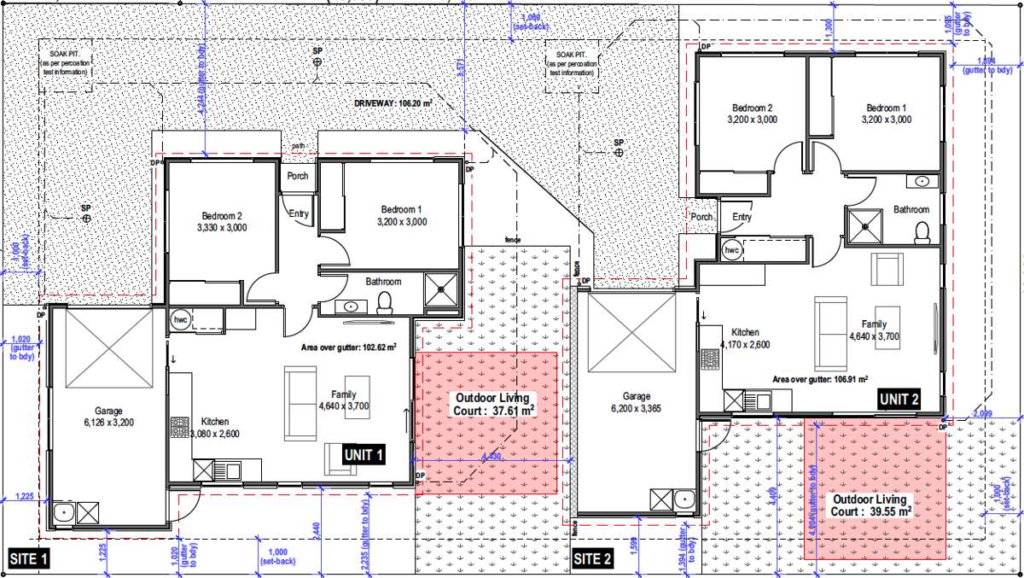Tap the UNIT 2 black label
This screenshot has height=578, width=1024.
pyautogui.click(x=899, y=399)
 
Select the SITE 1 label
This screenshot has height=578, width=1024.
pyautogui.click(x=29, y=560)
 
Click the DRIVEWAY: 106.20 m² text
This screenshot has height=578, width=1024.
pyautogui.click(x=393, y=102)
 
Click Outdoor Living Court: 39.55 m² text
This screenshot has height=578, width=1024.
pyautogui.click(x=872, y=505)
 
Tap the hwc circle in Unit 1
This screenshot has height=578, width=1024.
pyautogui.click(x=180, y=318)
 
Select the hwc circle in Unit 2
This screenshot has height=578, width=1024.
pyautogui.click(x=731, y=250)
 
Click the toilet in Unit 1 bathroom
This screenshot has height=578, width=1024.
pyautogui.click(x=385, y=301)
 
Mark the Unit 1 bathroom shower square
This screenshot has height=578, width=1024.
pyautogui.click(x=441, y=289)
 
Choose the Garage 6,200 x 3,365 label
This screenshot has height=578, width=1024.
pyautogui.click(x=637, y=402)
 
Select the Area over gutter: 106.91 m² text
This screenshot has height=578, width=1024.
pyautogui.click(x=820, y=378)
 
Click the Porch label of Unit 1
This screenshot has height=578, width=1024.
pyautogui.click(x=298, y=176)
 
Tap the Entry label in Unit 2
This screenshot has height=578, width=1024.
pyautogui.click(x=742, y=217)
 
